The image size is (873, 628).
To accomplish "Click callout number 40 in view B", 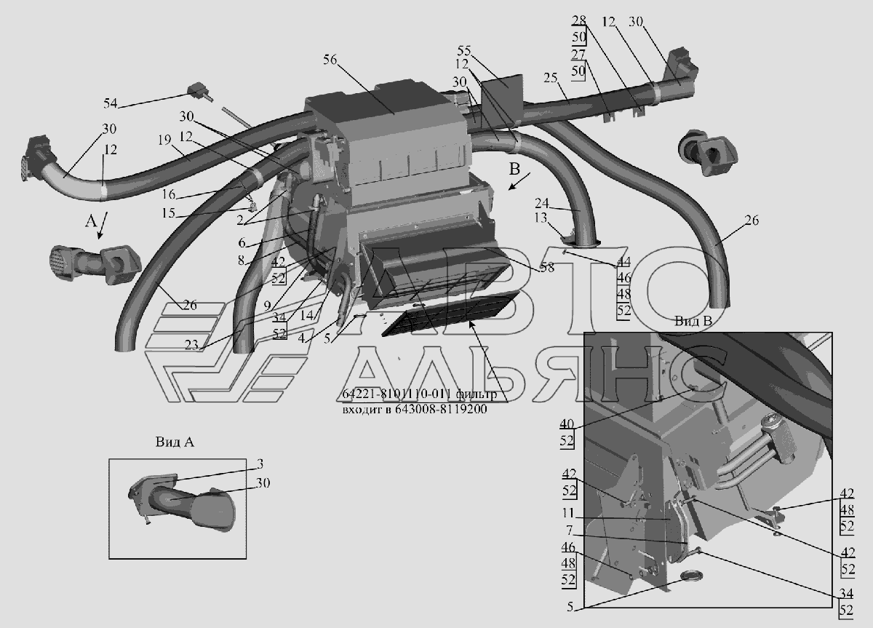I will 567,424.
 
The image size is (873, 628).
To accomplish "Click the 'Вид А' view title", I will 174,441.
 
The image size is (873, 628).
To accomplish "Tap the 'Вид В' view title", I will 689,321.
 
